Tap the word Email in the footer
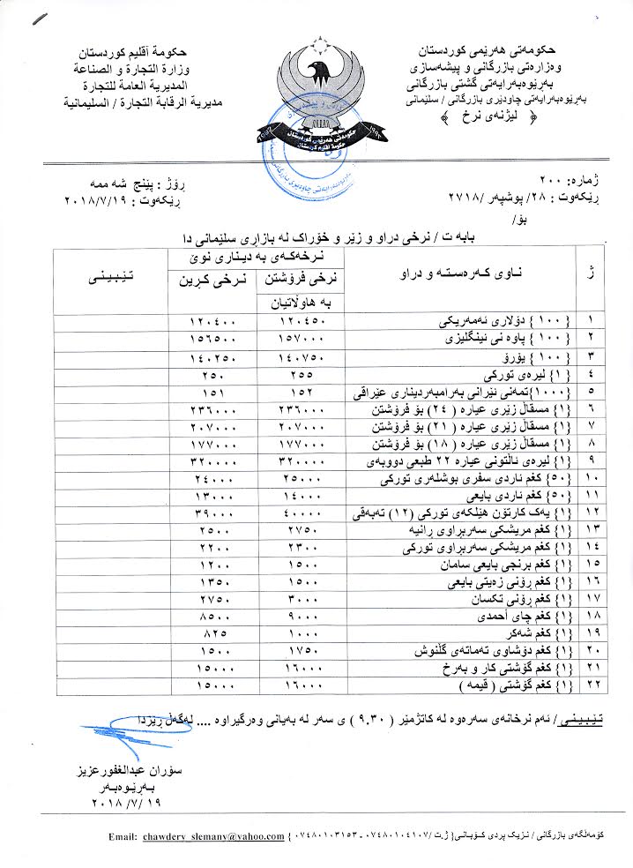(x=123, y=836)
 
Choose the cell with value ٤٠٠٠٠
(x=302, y=511)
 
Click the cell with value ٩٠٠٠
(x=302, y=617)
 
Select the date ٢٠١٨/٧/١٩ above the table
(x=110, y=200)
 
